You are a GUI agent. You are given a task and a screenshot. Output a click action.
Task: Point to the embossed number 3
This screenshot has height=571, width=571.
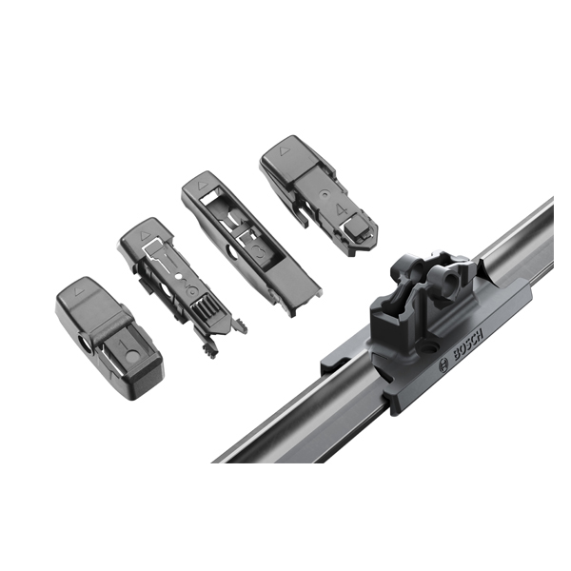pyautogui.click(x=261, y=251)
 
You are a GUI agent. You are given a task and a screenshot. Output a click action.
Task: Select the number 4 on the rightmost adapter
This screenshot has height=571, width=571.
pyautogui.click(x=341, y=209)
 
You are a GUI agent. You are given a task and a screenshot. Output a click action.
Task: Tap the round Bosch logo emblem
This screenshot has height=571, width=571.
pyautogui.click(x=443, y=364)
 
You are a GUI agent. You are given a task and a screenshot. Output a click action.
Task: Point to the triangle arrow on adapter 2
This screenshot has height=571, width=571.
pyautogui.click(x=144, y=235)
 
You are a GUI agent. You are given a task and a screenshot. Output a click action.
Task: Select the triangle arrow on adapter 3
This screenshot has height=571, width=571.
pyautogui.click(x=201, y=186)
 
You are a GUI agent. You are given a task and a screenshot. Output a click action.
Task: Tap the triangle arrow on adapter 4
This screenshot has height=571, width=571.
pyautogui.click(x=283, y=150)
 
